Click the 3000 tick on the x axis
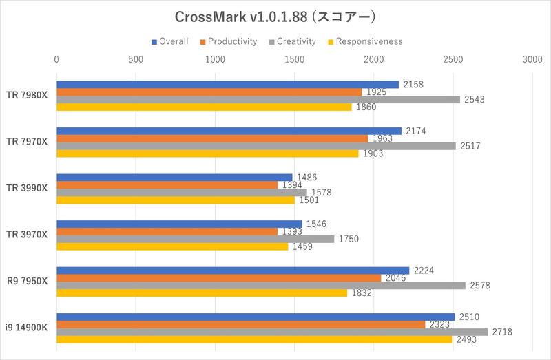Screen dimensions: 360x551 [x=532, y=60]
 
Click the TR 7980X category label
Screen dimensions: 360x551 [x=27, y=96]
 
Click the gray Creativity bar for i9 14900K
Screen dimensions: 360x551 [x=272, y=332]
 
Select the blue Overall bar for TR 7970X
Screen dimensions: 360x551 [x=229, y=131]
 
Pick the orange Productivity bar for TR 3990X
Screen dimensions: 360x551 [x=167, y=185]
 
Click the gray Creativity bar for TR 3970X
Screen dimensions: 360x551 [x=195, y=239]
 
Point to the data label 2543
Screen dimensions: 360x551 [x=475, y=100]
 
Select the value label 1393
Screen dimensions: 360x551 [x=292, y=231]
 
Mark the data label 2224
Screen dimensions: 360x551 [x=424, y=270]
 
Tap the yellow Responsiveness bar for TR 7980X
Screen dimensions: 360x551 [x=204, y=107]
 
